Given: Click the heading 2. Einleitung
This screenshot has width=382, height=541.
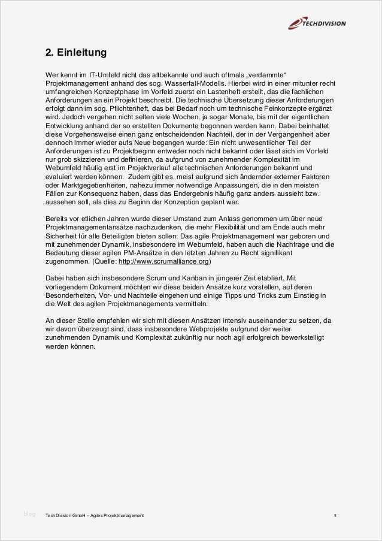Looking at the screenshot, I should pos(76,53).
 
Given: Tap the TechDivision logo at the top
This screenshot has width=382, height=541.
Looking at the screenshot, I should pos(317,23).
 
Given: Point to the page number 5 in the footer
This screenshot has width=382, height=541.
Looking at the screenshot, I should pos(335,515).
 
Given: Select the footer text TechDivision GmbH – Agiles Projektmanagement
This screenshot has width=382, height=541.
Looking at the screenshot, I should pos(95,515).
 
